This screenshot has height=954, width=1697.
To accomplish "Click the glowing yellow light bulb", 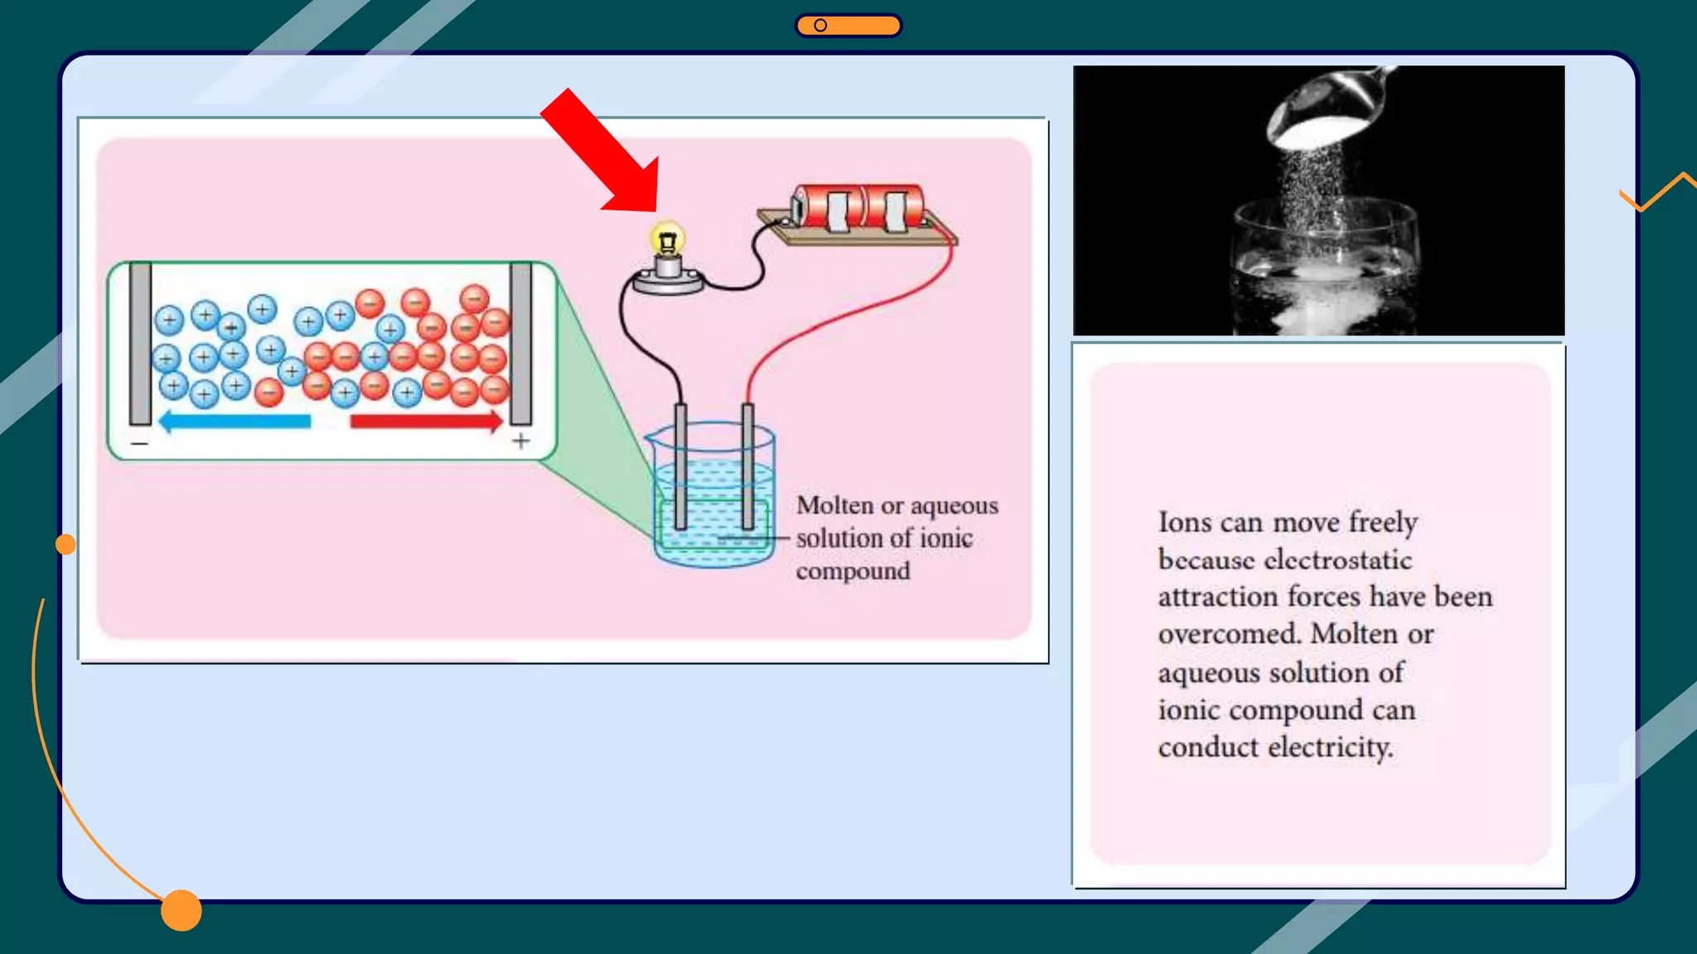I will [668, 240].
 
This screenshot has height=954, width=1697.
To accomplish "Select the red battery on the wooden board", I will [858, 206].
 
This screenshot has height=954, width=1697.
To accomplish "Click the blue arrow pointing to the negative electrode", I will [235, 422].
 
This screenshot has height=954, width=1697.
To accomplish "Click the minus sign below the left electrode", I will [139, 444].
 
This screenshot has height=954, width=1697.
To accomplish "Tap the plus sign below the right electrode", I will [520, 441].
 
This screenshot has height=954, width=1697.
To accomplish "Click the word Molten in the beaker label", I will [834, 505].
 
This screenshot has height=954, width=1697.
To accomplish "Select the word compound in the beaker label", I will [853, 571].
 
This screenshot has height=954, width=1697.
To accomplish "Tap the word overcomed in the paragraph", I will [1228, 634].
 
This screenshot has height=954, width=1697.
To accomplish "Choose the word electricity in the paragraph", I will [1329, 747].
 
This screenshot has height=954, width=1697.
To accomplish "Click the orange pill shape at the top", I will [848, 26].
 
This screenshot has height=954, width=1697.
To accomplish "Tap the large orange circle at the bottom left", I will [181, 910].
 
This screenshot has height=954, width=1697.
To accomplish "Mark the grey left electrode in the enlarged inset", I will [140, 344].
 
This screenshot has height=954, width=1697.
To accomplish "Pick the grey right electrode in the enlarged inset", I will [520, 344].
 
